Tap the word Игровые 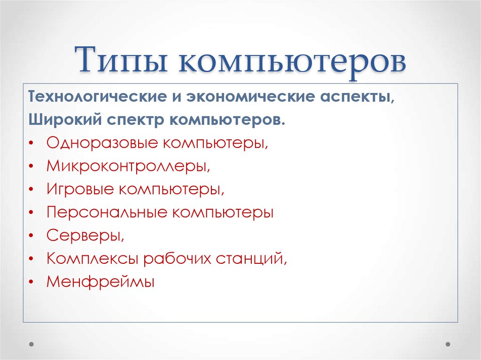click(79, 189)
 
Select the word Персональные click(107, 212)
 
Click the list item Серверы click(85, 236)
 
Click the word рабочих click(177, 259)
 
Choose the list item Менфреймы click(101, 282)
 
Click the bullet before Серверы click(31, 236)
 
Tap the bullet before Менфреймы click(31, 282)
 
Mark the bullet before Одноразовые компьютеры click(31, 143)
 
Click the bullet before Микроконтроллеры click(31, 167)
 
